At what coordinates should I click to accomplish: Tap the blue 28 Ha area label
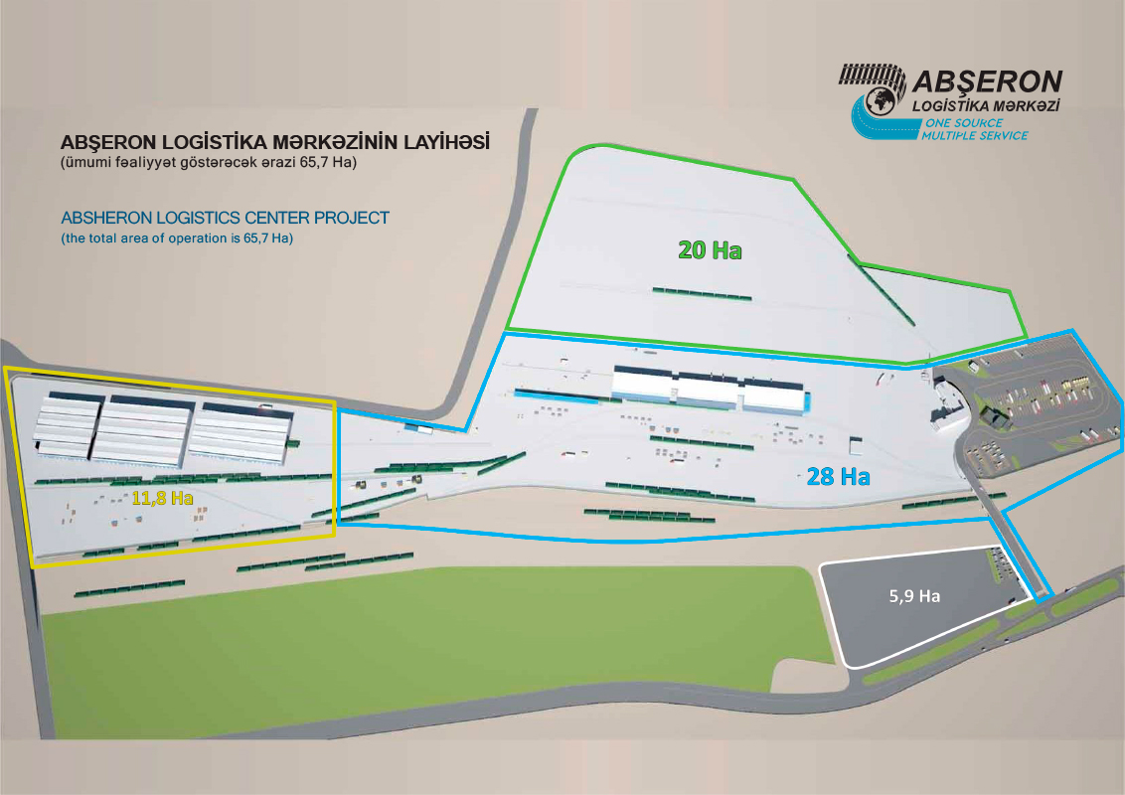click(x=838, y=477)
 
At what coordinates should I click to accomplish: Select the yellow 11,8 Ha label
click(x=162, y=498)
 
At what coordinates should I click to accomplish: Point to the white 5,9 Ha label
click(x=913, y=597)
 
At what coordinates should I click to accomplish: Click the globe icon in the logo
click(x=880, y=100)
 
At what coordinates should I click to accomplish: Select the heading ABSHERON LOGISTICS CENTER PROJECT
click(x=225, y=217)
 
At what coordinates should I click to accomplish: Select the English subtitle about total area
click(x=179, y=238)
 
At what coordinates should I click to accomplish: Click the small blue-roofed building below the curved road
click(x=418, y=428)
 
